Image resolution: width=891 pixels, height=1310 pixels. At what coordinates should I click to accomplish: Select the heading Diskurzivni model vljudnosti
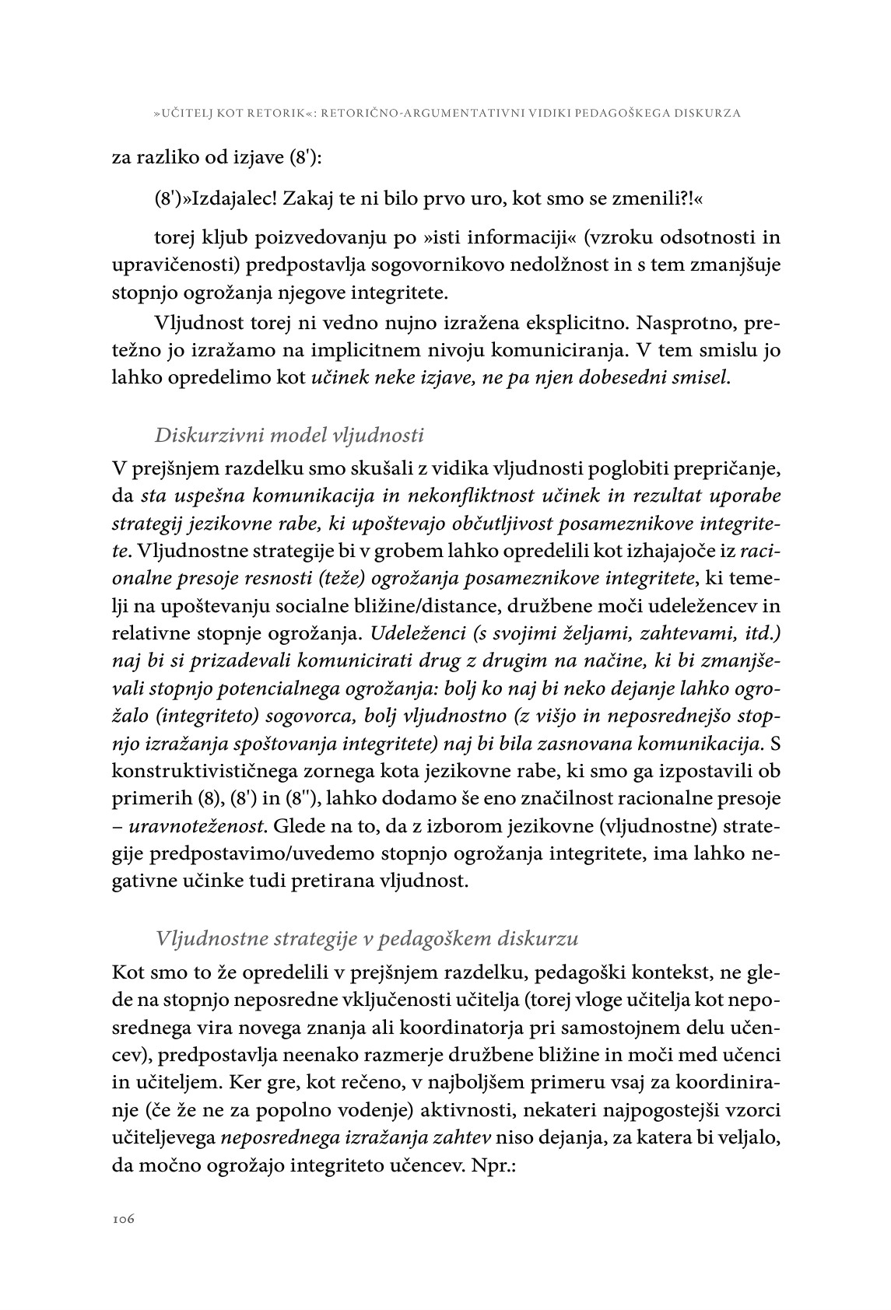(289, 434)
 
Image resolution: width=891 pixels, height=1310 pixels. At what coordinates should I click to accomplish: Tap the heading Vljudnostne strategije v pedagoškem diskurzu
(367, 937)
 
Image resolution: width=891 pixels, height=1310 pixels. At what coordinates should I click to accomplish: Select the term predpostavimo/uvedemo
(261, 853)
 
